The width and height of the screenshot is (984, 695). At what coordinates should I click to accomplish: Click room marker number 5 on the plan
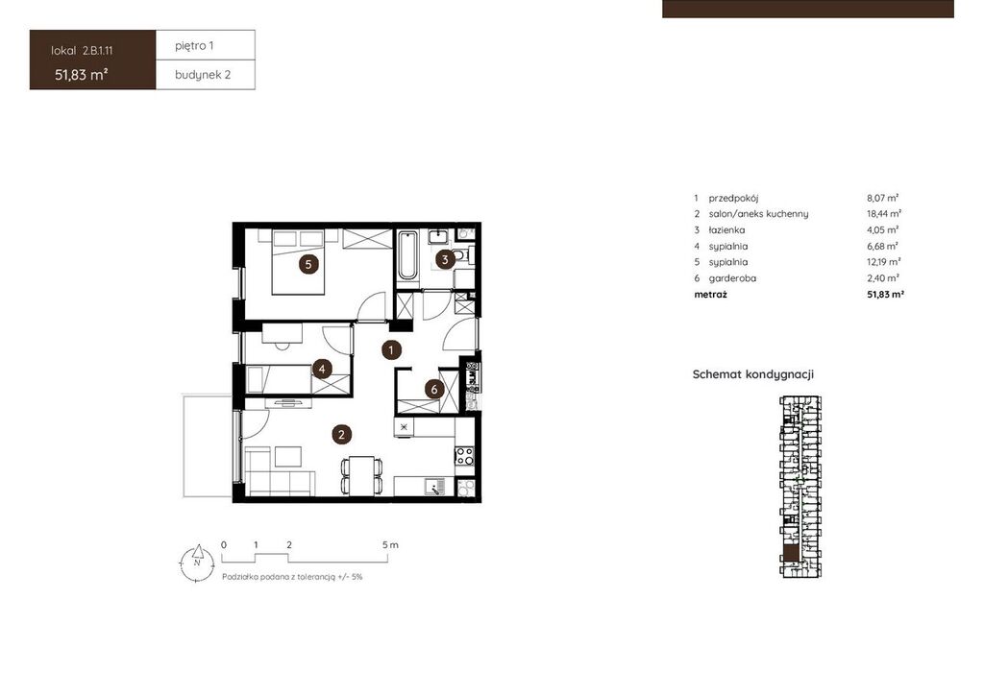pos(308,264)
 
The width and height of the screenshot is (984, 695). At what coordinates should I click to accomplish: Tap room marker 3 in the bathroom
pos(445,259)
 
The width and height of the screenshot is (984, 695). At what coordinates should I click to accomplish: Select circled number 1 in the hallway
pos(392,349)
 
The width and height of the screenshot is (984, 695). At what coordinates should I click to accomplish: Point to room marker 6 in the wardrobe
pos(434,389)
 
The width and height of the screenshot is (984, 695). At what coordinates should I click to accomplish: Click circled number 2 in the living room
pos(341,434)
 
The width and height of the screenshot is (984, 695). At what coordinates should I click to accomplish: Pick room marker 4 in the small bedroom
pos(322,369)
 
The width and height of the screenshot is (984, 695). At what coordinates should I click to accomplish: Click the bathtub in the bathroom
pos(407,255)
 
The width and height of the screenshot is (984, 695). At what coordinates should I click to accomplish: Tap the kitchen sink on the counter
pos(433,487)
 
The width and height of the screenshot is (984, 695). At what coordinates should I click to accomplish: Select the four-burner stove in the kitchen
pos(464,455)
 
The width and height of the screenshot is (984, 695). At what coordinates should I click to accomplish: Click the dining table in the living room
pos(361,475)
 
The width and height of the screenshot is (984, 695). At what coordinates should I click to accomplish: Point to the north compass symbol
pos(197,563)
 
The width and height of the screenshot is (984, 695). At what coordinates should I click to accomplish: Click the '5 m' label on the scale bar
pos(390,544)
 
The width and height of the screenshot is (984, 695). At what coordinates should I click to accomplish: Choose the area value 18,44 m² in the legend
pos(884,214)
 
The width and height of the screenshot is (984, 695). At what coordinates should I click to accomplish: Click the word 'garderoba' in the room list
pos(732,278)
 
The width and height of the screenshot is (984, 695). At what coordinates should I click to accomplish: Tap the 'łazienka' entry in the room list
pos(726,230)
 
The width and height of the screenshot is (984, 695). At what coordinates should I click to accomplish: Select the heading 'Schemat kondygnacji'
pos(753,374)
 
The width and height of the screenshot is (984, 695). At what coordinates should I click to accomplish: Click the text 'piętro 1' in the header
pos(194,46)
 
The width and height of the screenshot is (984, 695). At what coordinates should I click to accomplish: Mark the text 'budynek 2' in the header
pos(203,75)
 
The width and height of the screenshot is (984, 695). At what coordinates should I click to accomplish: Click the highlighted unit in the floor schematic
pos(791,553)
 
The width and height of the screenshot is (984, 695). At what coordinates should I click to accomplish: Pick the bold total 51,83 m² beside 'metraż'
pos(885,295)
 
